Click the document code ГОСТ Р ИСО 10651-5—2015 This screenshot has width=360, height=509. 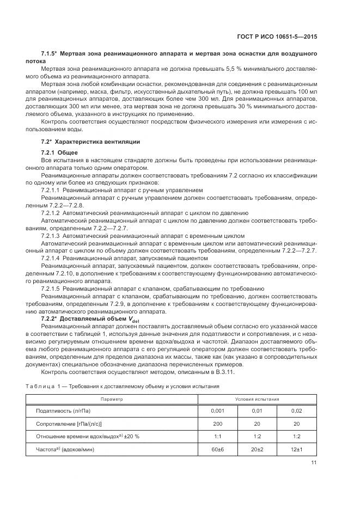pyautogui.click(x=279, y=36)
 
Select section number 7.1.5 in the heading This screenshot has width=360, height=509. pyautogui.click(x=48, y=54)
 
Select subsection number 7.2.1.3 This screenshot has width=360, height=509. pyautogui.click(x=51, y=236)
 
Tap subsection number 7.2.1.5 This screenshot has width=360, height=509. pyautogui.click(x=51, y=288)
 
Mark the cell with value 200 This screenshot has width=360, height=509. pyautogui.click(x=217, y=424)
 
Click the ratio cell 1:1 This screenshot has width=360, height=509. pyautogui.click(x=217, y=436)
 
